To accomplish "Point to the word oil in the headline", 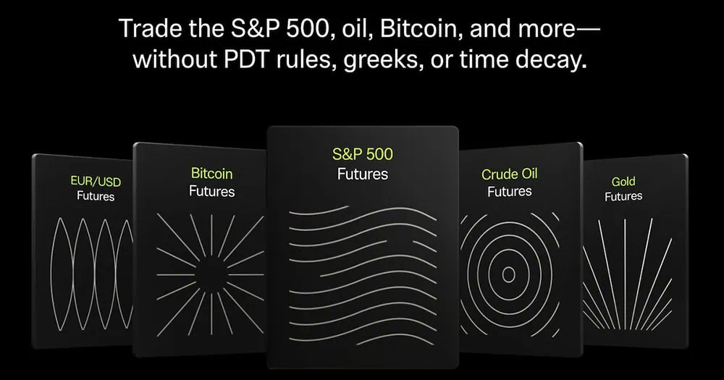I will pos(336,29).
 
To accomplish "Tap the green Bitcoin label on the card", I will pos(211,174).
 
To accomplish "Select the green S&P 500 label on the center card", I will pos(362,153).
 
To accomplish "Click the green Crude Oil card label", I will pos(510,174).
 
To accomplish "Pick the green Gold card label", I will pos(623,182).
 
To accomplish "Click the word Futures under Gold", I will pos(623,196).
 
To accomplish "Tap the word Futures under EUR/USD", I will pos(96,195).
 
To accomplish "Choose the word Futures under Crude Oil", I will pos(510,192).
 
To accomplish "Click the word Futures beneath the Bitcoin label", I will pos(211,191).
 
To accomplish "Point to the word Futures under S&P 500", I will pos(362,174).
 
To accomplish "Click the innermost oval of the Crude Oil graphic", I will pos(508,274).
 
